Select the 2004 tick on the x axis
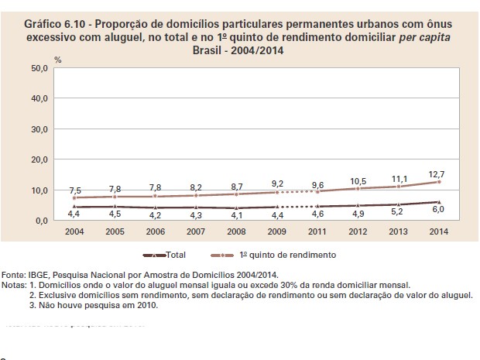[74, 231]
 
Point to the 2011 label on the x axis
[317, 231]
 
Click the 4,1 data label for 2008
[236, 216]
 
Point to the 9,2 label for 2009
[276, 183]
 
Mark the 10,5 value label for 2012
[358, 180]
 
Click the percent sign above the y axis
[57, 59]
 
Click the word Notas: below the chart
[14, 285]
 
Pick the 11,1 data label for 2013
[398, 177]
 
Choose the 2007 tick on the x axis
[196, 231]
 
